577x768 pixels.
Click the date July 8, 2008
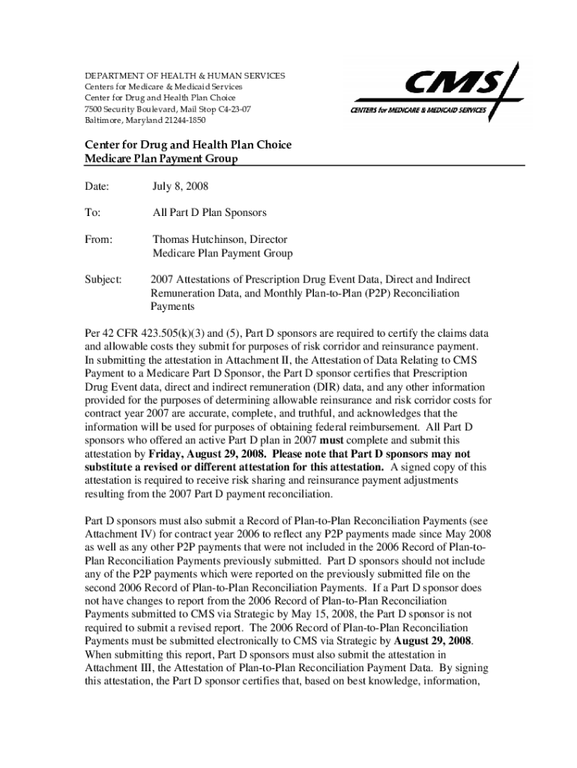point(181,185)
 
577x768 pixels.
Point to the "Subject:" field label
point(103,280)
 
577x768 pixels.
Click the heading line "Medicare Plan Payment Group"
point(161,158)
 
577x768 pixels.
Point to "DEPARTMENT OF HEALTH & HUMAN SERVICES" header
point(184,76)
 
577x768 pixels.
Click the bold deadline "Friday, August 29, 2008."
point(207,454)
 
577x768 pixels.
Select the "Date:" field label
point(97,185)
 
